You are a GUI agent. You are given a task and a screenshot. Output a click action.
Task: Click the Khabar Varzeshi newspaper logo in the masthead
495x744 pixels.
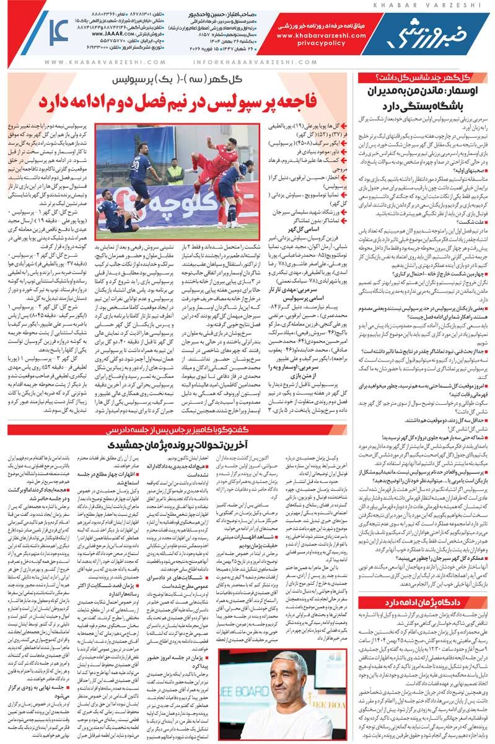pos(434,37)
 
